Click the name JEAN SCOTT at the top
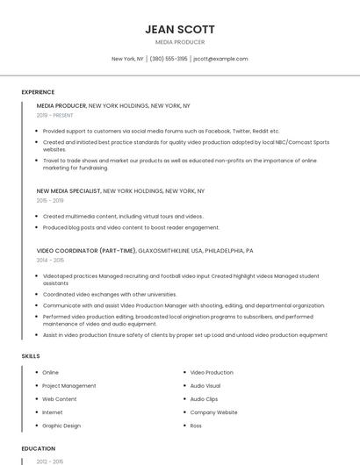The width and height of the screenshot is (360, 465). coord(180,29)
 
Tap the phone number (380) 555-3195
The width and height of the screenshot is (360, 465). coord(169,59)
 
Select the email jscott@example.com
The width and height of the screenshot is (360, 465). coord(220,59)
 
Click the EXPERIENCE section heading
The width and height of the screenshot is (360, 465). coord(38,92)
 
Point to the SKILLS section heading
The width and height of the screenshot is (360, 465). coord(30,355)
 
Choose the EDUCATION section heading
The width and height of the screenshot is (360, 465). coord(39,448)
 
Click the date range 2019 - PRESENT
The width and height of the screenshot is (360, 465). coord(55,115)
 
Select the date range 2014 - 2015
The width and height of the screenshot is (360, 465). coord(50,260)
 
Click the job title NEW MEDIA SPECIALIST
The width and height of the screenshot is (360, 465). coord(68,190)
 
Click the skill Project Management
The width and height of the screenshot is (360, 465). coord(69,386)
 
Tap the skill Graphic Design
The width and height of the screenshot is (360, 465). coord(61,426)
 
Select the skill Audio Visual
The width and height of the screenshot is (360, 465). coord(205,386)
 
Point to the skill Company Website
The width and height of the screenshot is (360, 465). coord(213,412)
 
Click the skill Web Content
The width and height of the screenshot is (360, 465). coord(61,399)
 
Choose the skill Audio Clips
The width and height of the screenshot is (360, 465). coord(204,399)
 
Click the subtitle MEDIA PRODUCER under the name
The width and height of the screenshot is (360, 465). coord(180,42)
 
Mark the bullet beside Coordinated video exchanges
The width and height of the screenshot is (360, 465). coord(37,294)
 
